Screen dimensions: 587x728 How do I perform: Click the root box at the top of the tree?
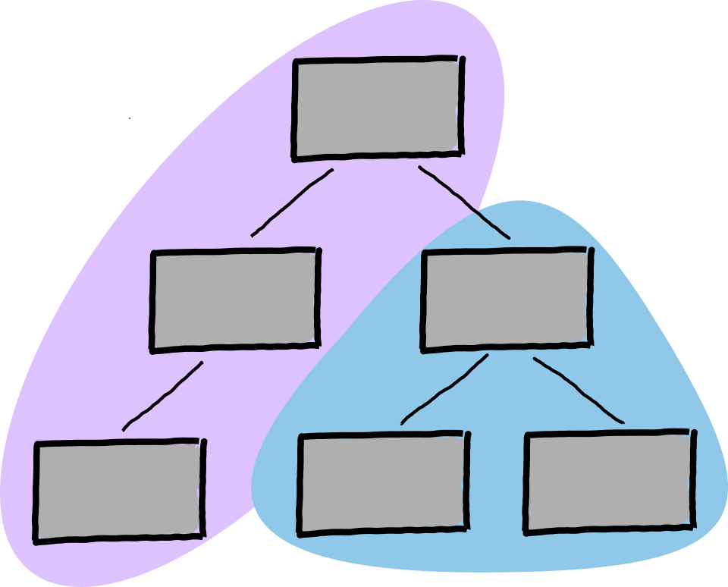point(378,108)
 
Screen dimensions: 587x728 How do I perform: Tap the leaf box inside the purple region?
point(119,490)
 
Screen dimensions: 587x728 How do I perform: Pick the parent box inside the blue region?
point(507,300)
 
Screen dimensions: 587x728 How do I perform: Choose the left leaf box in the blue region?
point(383,482)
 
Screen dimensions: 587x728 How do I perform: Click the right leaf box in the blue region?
point(609,482)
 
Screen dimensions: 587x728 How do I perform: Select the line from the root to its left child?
point(292,202)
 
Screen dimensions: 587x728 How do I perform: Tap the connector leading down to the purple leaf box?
point(163,396)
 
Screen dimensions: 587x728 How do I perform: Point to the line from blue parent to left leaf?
point(444,390)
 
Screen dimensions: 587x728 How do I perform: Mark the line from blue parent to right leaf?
point(578,390)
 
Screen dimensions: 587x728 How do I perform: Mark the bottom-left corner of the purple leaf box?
point(36,540)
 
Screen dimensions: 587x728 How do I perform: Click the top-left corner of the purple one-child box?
point(152,253)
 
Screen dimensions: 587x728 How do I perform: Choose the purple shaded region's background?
point(99,319)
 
